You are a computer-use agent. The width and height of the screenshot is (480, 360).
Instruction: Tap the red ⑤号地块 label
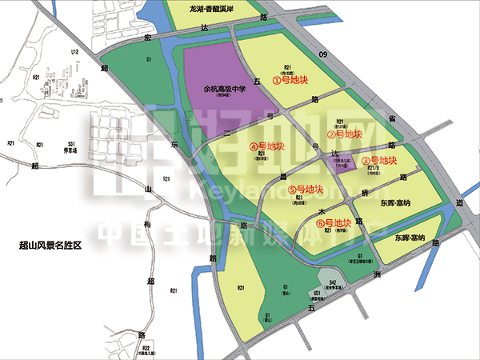(x=305, y=190)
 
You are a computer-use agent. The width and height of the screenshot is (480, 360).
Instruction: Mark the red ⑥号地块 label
(x=332, y=222)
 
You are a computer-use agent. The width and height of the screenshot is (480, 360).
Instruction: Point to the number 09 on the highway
(x=323, y=55)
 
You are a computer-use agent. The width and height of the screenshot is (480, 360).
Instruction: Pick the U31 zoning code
(x=317, y=294)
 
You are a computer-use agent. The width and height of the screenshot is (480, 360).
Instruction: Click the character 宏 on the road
(x=146, y=38)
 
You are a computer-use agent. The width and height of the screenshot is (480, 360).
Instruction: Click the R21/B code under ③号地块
(x=371, y=168)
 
